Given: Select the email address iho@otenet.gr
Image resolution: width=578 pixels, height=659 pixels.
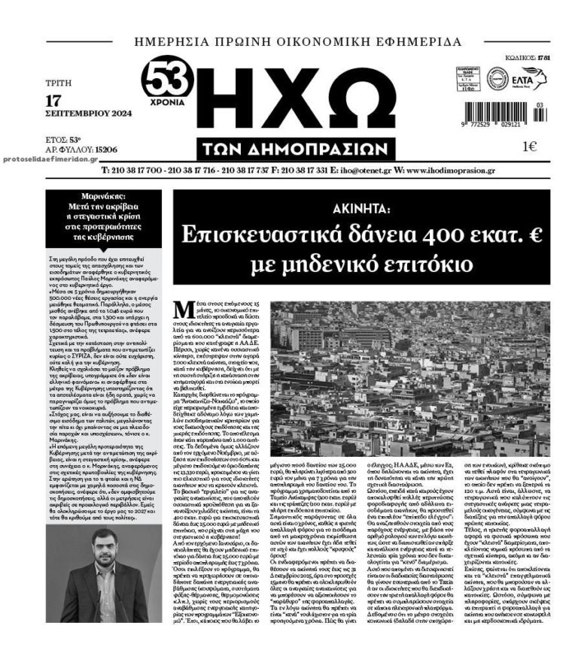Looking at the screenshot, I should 357,171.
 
